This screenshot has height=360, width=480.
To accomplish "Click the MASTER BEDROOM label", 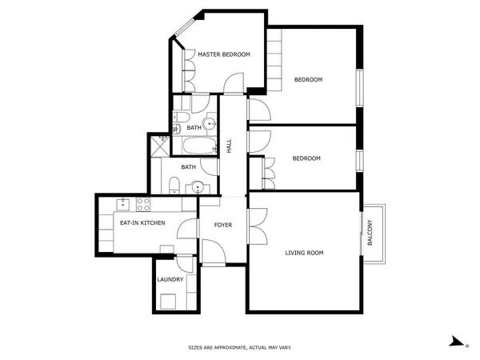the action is [x=224, y=54].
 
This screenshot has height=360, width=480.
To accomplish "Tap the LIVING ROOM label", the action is [x=304, y=253].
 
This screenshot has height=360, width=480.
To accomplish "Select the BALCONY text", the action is [x=370, y=232].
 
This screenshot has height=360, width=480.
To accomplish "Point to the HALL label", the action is [x=229, y=146].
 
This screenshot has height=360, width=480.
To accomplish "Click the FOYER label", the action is [x=223, y=225].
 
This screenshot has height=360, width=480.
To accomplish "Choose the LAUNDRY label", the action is [x=170, y=279].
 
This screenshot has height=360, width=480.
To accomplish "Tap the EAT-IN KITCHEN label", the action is [x=142, y=223].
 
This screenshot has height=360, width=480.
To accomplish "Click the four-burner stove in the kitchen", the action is [x=143, y=205].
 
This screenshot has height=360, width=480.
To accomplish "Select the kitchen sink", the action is [x=122, y=205].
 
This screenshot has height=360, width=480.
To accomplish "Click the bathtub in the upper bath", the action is [x=199, y=146].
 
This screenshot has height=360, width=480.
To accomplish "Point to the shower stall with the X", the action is [x=160, y=146].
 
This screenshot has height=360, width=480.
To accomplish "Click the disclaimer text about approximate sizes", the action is [x=240, y=347].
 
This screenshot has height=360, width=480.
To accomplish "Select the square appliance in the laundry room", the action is [x=168, y=302].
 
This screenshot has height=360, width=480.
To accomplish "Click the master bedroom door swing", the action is [x=234, y=82].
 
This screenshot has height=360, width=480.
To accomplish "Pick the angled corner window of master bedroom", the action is [x=184, y=27].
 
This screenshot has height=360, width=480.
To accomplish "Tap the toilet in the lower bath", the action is [x=174, y=186].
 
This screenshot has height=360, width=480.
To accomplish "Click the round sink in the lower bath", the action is [x=198, y=187].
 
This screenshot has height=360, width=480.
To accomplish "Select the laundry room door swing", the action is [x=185, y=264].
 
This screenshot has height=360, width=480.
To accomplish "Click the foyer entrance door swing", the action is [x=214, y=251].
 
